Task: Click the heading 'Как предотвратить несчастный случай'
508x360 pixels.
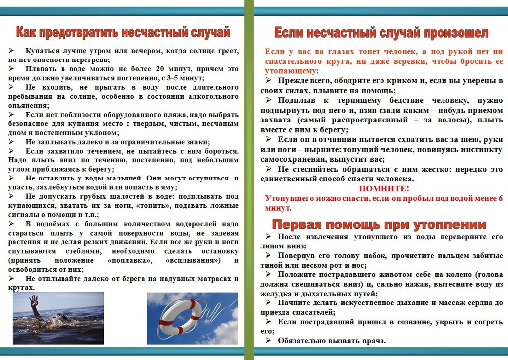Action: click(123, 32)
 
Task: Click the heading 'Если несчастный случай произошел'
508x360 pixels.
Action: click(381, 33)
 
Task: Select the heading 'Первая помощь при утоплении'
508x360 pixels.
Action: click(379, 224)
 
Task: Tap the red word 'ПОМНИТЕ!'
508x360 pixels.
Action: click(384, 189)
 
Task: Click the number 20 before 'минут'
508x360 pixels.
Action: click(160, 69)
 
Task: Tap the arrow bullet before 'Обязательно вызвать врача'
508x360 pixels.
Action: click(269, 340)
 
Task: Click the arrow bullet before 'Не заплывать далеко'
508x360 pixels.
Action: click(11, 142)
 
